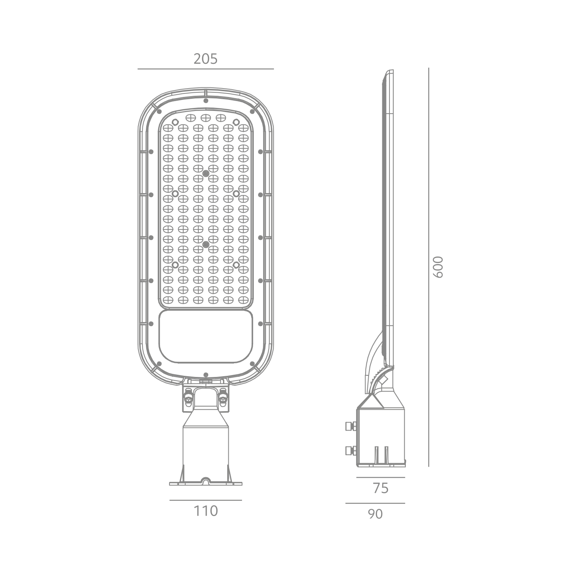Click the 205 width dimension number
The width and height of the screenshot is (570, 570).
[x=206, y=59]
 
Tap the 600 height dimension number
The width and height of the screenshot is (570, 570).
[x=438, y=267]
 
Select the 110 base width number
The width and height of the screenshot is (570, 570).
[x=206, y=511]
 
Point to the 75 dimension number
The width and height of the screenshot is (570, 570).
[x=381, y=488]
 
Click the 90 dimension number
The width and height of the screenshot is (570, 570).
[x=375, y=514]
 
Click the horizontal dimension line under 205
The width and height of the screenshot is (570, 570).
[x=206, y=69]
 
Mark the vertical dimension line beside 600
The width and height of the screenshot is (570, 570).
[x=429, y=267]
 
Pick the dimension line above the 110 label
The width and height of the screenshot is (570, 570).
[x=206, y=500]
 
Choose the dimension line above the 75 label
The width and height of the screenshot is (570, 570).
[x=381, y=478]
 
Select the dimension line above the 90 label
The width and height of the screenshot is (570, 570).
[x=375, y=503]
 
